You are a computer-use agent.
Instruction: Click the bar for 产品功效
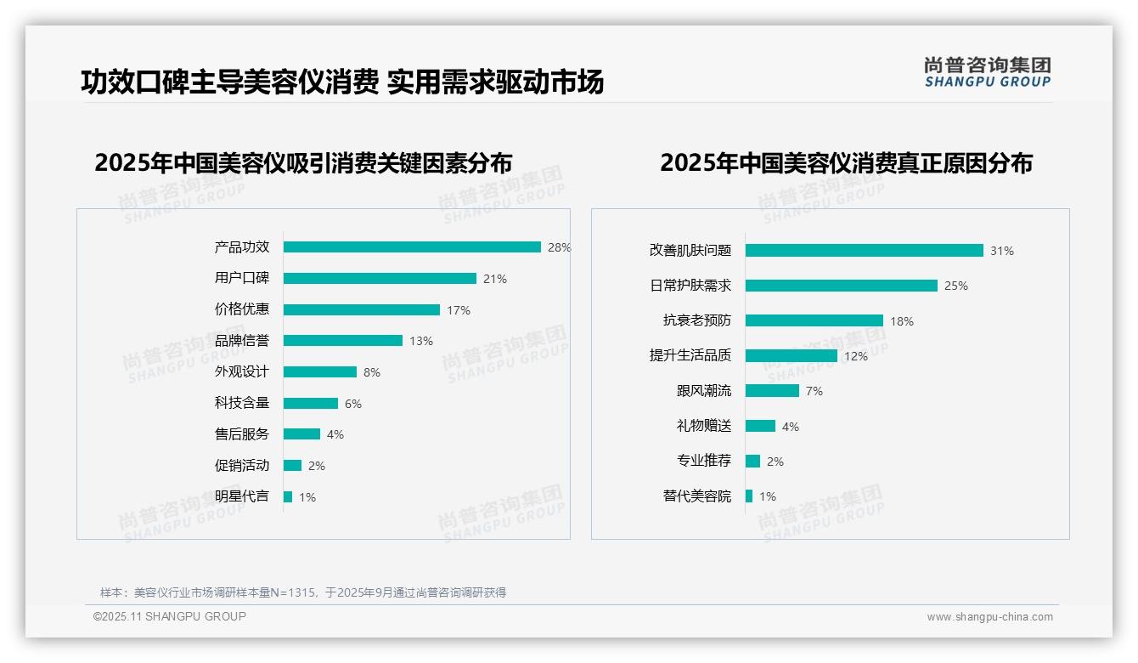coord(412,247)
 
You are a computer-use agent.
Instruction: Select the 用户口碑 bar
coord(380,279)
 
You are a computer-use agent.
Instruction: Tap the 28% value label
coord(559,247)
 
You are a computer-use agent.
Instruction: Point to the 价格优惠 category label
coord(241,309)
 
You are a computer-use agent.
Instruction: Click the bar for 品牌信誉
coord(343,341)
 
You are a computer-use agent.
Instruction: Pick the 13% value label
coord(421,341)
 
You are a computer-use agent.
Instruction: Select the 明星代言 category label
coord(241,496)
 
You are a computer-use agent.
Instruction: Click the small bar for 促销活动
coord(292,466)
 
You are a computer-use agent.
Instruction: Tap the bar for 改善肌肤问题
coord(864,251)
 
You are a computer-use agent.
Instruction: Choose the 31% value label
coord(1002,251)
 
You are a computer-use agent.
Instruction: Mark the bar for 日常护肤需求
coord(841,286)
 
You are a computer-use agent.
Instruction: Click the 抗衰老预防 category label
coord(696,320)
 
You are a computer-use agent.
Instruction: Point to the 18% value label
coord(902,321)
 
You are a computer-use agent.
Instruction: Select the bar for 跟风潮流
coord(772,391)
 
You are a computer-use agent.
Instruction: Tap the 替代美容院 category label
coord(696,496)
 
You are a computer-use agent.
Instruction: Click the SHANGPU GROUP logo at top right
coord(987,72)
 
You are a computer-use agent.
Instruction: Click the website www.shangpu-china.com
coord(989,617)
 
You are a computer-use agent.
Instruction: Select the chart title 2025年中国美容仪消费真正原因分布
coord(846,163)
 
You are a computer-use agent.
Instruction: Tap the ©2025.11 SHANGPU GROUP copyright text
coord(170,616)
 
